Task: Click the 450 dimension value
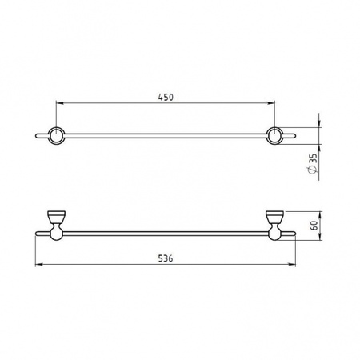coord(166,98)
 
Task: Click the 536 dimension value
coord(166,258)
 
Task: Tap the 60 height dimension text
coord(314,226)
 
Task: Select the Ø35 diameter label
coord(314,164)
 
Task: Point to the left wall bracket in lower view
coord(56,226)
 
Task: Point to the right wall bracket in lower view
coord(275,226)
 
